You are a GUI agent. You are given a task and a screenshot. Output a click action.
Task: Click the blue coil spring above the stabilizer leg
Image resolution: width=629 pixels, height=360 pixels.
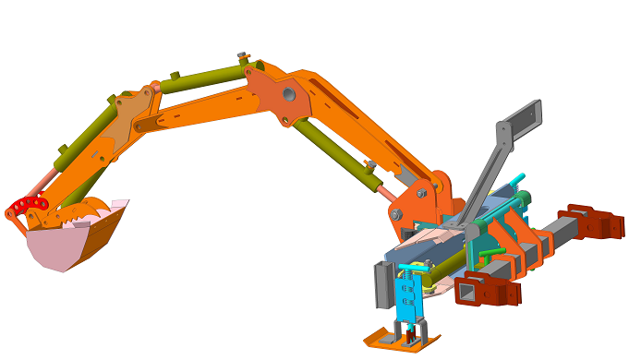[406, 269]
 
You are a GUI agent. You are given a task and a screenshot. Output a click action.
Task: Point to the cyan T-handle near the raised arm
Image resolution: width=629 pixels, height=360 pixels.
[518, 178]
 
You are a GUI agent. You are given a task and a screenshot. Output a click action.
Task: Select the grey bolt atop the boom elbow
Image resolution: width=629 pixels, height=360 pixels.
[242, 56]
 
